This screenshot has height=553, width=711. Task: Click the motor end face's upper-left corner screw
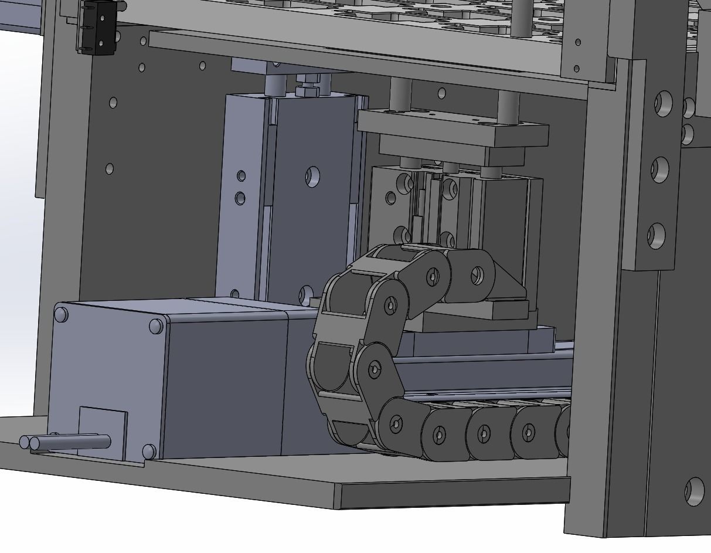pos(60,315)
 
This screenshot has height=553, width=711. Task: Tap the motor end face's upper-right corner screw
pos(156,325)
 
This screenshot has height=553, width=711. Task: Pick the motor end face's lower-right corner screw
pos(149,451)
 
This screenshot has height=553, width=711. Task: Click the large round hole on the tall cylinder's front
pos(312,176)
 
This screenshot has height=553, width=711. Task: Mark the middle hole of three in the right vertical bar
pos(659,169)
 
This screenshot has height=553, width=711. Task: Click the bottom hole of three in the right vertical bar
pos(656,235)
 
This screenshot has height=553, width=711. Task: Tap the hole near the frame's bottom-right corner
pos(695,491)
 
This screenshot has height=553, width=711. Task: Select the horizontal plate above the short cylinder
pos(453,128)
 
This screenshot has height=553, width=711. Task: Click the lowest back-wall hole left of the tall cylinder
pos(110,169)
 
